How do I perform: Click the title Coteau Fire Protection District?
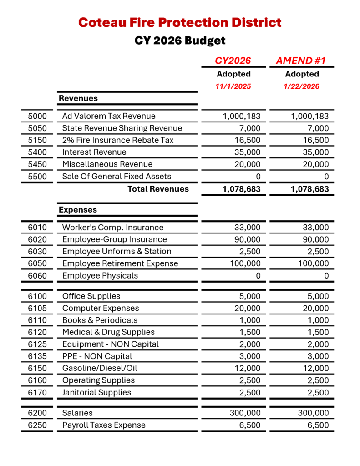click(x=180, y=22)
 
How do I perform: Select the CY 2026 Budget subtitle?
click(x=180, y=41)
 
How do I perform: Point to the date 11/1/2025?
click(x=233, y=86)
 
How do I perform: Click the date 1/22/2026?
click(x=302, y=86)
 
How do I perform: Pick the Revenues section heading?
click(x=78, y=98)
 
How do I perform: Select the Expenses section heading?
click(x=77, y=210)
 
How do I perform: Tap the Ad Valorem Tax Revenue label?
click(x=109, y=116)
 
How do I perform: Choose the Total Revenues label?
click(x=158, y=189)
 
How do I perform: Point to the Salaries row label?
click(x=77, y=413)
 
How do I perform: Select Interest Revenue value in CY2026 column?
click(x=248, y=152)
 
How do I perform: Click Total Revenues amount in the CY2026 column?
click(x=242, y=189)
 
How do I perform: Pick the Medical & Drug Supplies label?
click(x=108, y=332)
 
